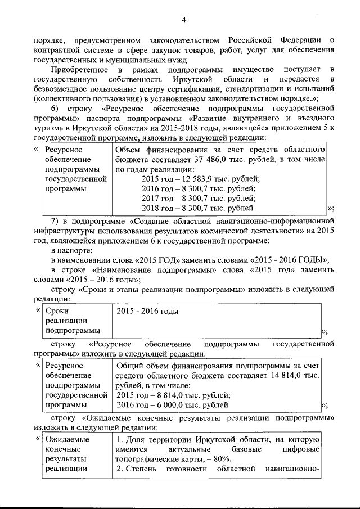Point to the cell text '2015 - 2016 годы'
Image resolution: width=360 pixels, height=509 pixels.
click(x=147, y=311)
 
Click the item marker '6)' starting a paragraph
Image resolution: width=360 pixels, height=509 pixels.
click(x=55, y=108)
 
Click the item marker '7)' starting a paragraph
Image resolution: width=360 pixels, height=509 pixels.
click(x=55, y=220)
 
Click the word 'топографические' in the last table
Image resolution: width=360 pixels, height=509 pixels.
click(x=142, y=459)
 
